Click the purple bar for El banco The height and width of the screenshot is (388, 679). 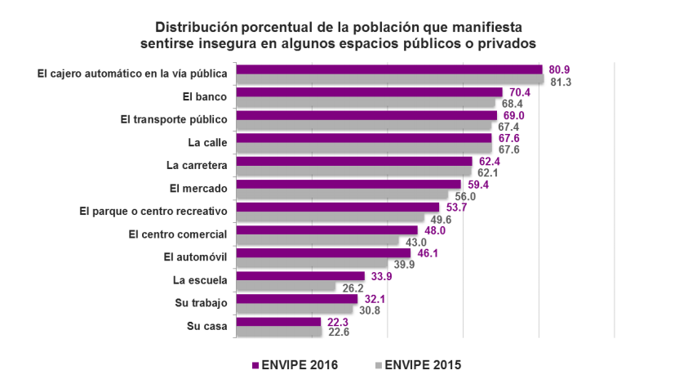pos(369,92)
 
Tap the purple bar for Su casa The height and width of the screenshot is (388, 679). pos(278,322)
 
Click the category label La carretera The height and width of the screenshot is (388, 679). pos(196,164)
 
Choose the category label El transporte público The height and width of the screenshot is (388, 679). pos(173,119)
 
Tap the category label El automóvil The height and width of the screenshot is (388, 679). pos(195,257)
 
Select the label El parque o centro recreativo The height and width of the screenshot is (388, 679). pos(153,211)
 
